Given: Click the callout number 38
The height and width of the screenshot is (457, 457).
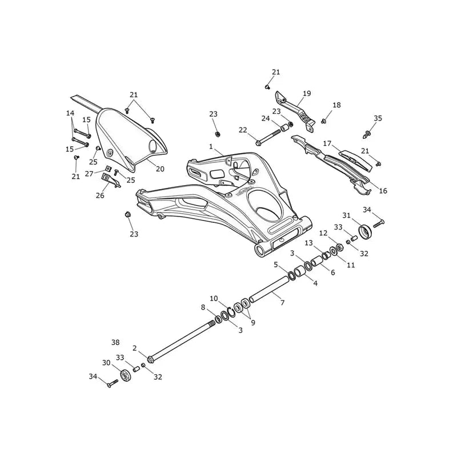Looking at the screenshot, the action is click(x=115, y=342).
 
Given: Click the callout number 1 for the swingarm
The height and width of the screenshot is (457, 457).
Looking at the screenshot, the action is click(x=211, y=147).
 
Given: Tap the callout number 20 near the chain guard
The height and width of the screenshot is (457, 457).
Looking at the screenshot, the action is click(x=160, y=169).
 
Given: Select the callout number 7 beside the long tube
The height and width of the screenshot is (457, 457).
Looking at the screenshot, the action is click(x=282, y=303).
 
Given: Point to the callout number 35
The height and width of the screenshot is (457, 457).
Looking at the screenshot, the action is click(x=378, y=118).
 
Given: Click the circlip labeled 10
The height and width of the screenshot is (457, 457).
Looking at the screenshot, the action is click(x=232, y=312).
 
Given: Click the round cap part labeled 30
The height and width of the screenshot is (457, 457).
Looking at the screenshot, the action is click(x=125, y=375).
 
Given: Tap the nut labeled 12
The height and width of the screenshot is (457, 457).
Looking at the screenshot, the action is click(x=339, y=247).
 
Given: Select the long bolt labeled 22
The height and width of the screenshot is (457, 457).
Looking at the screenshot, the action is click(x=268, y=137).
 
